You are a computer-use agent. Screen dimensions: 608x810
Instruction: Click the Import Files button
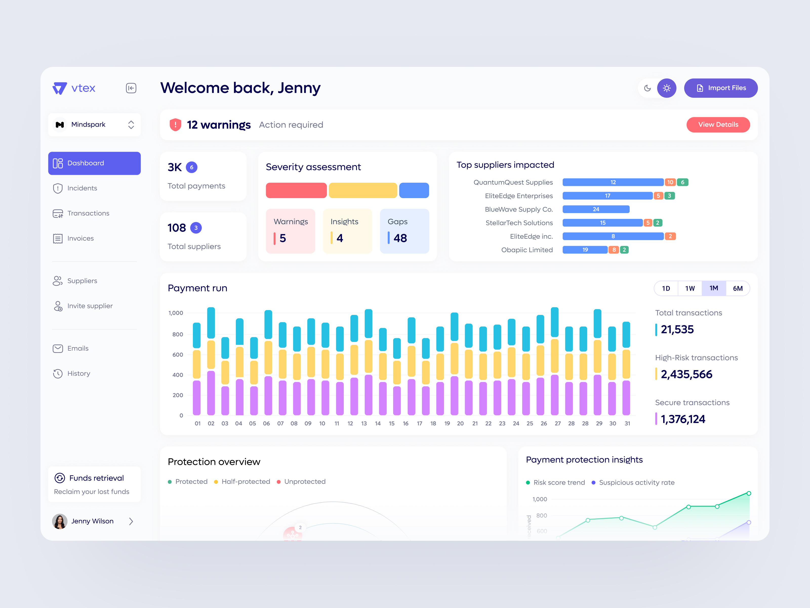[720, 88]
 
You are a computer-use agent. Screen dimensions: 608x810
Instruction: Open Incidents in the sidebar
[82, 188]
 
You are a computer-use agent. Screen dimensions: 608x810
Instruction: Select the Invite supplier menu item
[90, 306]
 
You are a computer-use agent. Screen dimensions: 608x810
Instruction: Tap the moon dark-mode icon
[647, 88]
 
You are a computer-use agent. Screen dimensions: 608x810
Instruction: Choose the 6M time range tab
[738, 289]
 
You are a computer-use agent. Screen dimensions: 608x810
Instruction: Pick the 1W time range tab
[690, 289]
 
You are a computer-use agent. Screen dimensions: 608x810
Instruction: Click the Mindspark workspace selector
[94, 125]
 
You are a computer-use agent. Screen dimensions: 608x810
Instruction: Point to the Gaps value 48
[400, 238]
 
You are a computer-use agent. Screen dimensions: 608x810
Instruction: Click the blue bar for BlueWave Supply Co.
[596, 209]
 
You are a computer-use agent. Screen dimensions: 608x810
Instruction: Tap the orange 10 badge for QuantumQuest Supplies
[670, 182]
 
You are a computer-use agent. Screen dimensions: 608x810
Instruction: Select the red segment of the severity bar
[296, 190]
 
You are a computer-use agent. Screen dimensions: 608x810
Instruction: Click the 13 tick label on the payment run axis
[364, 423]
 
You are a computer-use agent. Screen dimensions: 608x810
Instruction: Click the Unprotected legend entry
[304, 482]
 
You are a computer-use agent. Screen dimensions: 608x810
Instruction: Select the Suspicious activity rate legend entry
[636, 483]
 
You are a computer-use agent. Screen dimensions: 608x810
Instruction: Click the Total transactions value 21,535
[677, 330]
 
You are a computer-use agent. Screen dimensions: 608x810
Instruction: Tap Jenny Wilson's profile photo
[60, 521]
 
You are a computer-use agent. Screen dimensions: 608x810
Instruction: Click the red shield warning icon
[175, 125]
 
